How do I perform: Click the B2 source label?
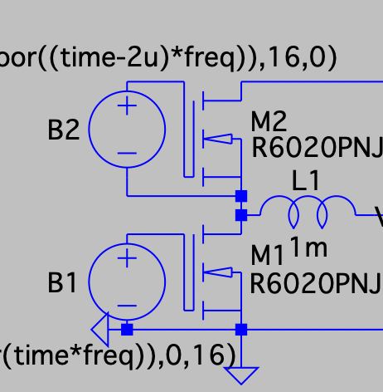pos(64,130)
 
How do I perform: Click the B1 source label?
pos(62,282)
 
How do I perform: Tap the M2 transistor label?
pos(269,121)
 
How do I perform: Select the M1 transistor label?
pos(267,256)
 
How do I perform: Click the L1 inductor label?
pos(306,180)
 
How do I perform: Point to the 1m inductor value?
pos(309,247)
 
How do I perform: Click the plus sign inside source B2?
pos(127,105)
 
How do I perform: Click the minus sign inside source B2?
pos(127,153)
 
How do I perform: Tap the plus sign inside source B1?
pos(127,258)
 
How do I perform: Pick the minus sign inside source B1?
pos(127,306)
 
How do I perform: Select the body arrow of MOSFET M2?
pos(218,139)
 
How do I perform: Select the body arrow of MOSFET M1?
pos(218,272)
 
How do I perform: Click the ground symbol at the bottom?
pos(241,375)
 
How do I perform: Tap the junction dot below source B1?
pos(127,330)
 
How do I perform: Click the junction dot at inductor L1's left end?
pos(241,215)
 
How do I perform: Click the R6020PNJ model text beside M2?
pos(318,148)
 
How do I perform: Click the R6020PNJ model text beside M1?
pos(316,283)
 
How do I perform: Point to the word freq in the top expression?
pos(210,59)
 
